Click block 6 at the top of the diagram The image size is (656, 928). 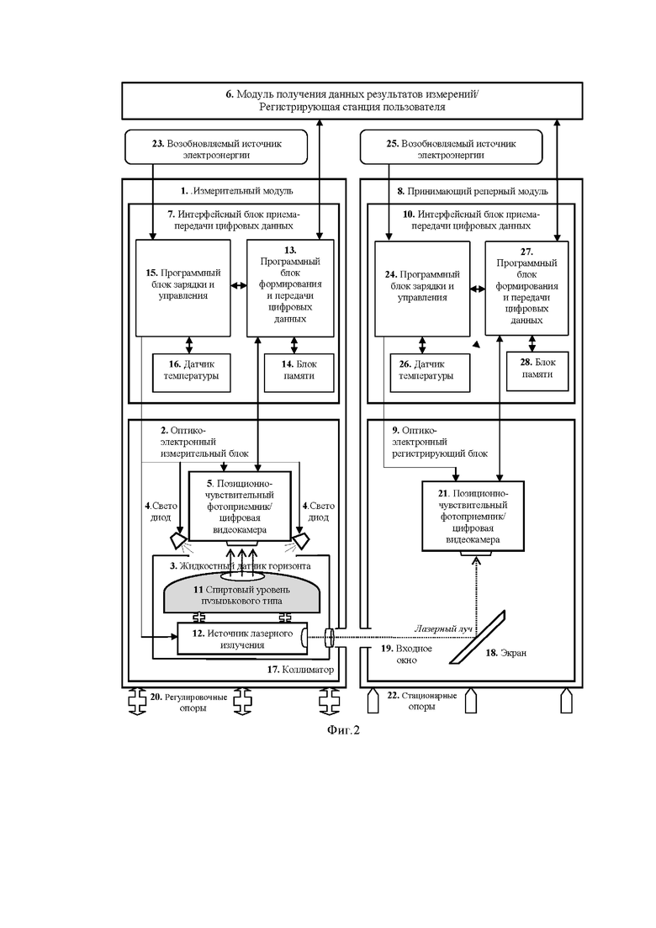click(352, 101)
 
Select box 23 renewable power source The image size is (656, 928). click(216, 147)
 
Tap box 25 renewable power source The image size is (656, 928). click(451, 147)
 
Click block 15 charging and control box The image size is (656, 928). click(183, 288)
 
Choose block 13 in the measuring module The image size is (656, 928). click(290, 288)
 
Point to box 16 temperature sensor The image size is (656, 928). click(192, 373)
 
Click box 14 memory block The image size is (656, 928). click(299, 373)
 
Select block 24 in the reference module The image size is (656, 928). click(422, 289)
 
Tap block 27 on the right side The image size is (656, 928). click(527, 289)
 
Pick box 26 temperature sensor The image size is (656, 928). click(430, 373)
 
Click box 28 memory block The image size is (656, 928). click(537, 371)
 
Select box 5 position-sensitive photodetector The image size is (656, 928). click(240, 506)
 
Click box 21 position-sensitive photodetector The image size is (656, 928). click(473, 516)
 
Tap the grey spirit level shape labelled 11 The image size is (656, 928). click(241, 595)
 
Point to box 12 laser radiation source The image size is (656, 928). click(242, 639)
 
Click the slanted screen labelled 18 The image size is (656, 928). click(478, 637)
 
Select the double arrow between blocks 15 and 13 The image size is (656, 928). click(238, 286)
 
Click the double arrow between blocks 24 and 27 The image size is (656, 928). click(478, 289)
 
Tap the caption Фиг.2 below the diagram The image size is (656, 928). click(343, 730)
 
